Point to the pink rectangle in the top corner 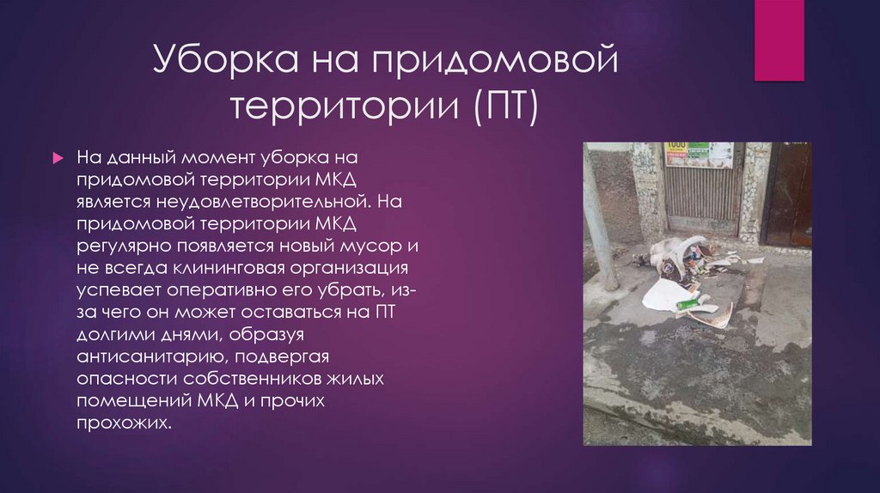(779, 40)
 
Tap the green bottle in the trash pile (687, 303)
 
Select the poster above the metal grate (699, 155)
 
